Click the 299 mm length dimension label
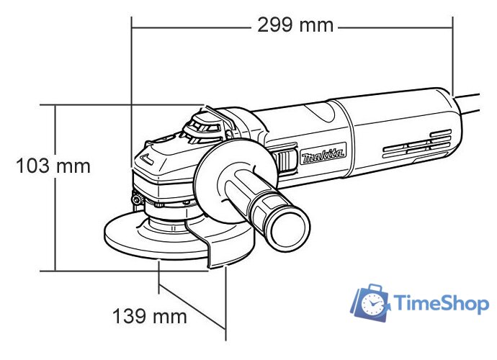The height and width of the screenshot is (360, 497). [295, 25]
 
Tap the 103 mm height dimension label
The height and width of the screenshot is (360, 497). [54, 166]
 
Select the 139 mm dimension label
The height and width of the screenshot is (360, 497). [149, 316]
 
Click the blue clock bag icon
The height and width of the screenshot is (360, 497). [370, 302]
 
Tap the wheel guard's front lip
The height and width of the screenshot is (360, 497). [216, 256]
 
